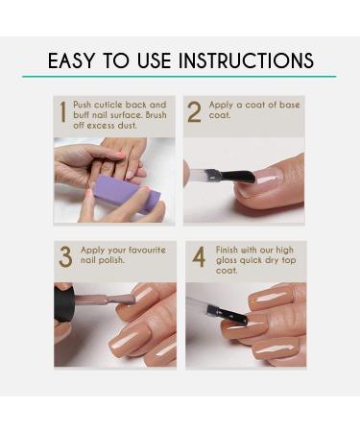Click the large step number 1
[x=63, y=112]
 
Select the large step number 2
[x=194, y=112]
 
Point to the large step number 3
[x=65, y=257]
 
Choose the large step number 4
[x=199, y=257]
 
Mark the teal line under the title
[x=180, y=77]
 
